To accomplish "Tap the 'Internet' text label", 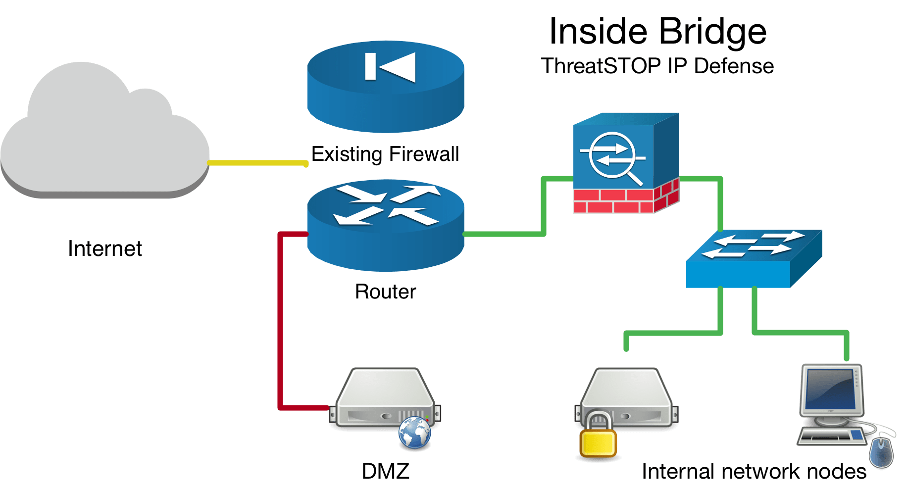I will [105, 248].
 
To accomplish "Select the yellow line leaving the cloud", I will [257, 162].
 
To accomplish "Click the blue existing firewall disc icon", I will [386, 87].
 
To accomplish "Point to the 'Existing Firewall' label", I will [385, 154].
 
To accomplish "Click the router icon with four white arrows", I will [386, 225].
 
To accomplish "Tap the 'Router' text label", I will [385, 292].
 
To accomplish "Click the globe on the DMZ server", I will [414, 433].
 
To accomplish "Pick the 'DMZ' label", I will [385, 471].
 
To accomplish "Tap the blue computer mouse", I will [882, 451].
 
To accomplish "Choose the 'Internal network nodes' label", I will [754, 471].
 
